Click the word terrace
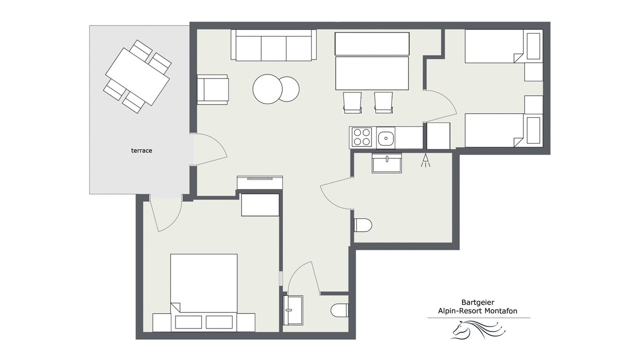[x=141, y=150]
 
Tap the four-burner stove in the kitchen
[x=362, y=137]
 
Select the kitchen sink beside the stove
[x=385, y=138]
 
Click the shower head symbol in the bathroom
[x=425, y=160]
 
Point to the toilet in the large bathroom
[x=363, y=225]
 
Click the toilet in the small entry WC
[x=339, y=310]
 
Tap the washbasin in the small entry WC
[x=293, y=310]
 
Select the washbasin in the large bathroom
[x=387, y=163]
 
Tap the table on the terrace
[x=137, y=76]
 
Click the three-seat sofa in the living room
[x=273, y=45]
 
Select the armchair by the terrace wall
[x=213, y=89]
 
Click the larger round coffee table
[x=267, y=89]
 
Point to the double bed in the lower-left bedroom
[x=203, y=293]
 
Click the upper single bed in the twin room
[x=504, y=46]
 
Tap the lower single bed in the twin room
[x=504, y=130]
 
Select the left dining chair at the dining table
[x=352, y=102]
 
